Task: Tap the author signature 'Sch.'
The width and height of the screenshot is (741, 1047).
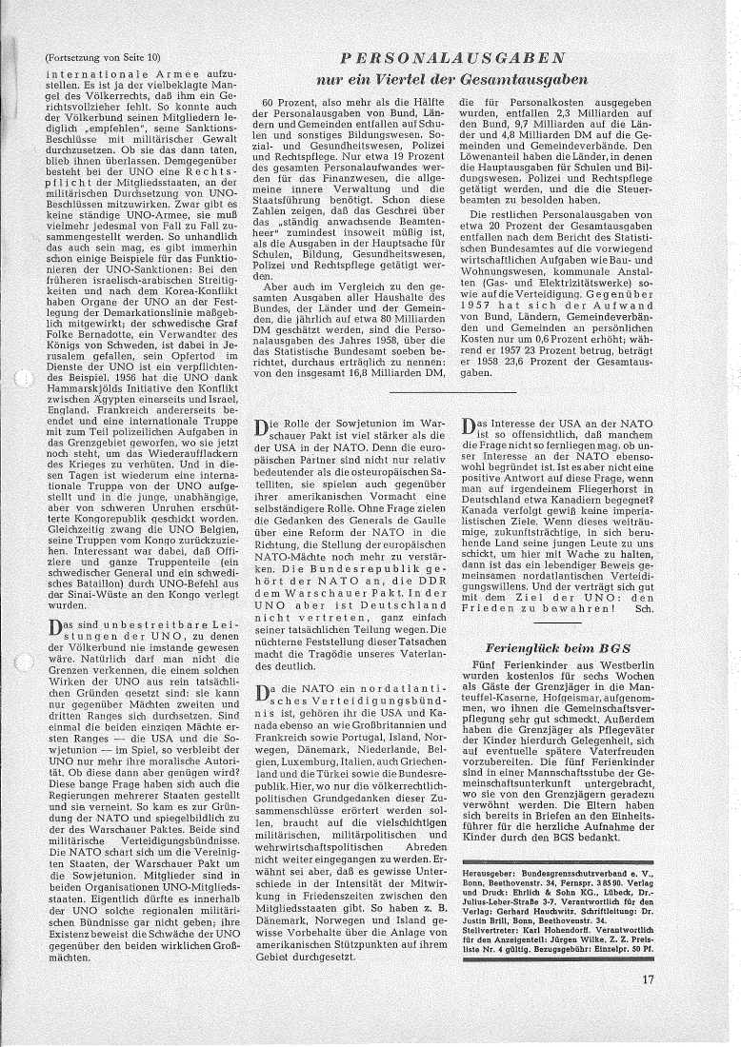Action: [645, 607]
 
